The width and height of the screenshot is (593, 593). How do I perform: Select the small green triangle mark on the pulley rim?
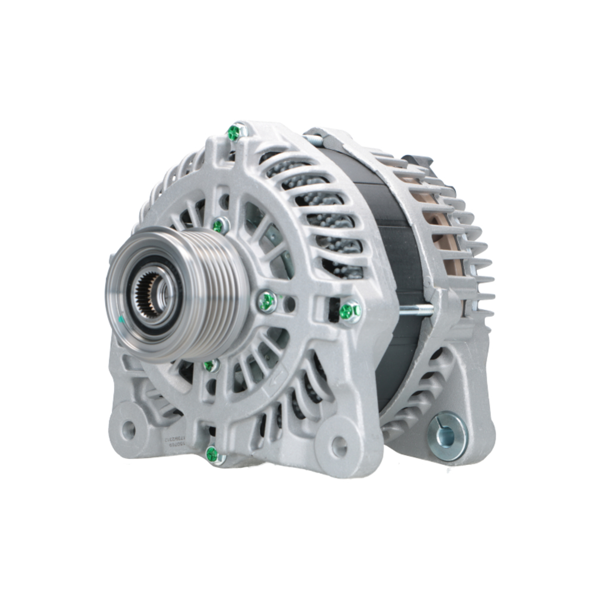pos(121,319)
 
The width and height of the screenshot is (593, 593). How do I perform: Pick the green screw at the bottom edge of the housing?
pos(212,454)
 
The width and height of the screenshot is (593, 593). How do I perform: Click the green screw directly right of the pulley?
pos(267,302)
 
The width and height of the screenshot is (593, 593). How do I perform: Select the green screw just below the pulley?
pos(211,365)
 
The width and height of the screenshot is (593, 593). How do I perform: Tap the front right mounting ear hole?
pos(339,447)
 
